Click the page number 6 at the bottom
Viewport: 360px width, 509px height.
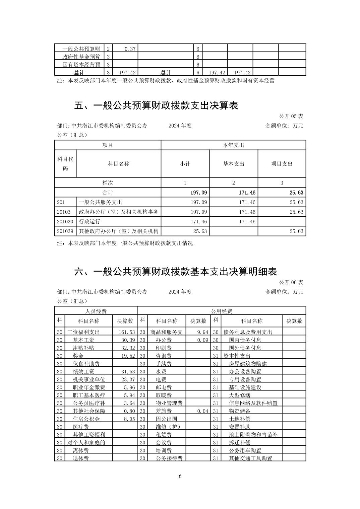click(180, 476)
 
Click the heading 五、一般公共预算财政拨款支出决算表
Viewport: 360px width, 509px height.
click(156, 106)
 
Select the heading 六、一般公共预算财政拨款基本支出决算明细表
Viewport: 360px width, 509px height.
click(175, 271)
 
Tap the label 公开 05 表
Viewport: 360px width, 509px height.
click(291, 116)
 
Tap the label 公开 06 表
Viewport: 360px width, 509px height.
click(291, 282)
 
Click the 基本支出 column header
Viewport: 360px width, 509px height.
click(233, 164)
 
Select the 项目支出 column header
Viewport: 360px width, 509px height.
click(282, 164)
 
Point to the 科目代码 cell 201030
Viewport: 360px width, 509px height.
click(65, 222)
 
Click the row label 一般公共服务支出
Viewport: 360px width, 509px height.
click(100, 202)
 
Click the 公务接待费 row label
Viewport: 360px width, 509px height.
click(169, 458)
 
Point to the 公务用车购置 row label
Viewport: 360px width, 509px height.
click(245, 450)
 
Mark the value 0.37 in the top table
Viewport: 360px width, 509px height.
click(130, 49)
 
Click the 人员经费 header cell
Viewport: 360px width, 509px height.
click(96, 311)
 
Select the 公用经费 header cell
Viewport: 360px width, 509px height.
click(221, 311)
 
